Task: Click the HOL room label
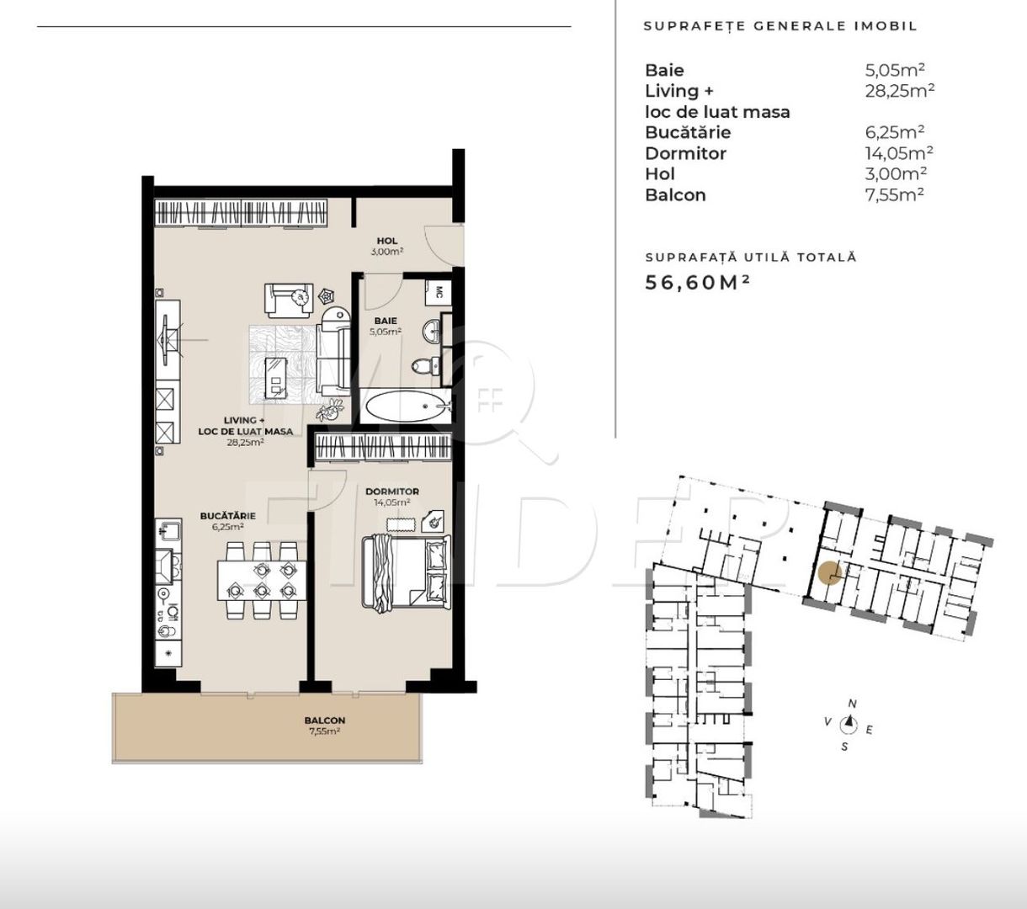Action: [386, 241]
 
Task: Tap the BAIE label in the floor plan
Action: [386, 321]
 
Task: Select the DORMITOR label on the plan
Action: [391, 492]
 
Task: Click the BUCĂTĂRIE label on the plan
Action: [227, 516]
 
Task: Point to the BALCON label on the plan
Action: [324, 720]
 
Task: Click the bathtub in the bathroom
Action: [407, 406]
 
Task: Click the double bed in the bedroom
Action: [406, 571]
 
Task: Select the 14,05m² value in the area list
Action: [899, 152]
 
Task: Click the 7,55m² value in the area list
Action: [894, 194]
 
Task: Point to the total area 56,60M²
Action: [698, 283]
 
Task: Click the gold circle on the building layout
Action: [830, 573]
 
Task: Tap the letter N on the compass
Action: [853, 704]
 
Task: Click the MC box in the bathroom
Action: [439, 292]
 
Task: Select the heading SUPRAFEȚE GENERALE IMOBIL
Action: [780, 26]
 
